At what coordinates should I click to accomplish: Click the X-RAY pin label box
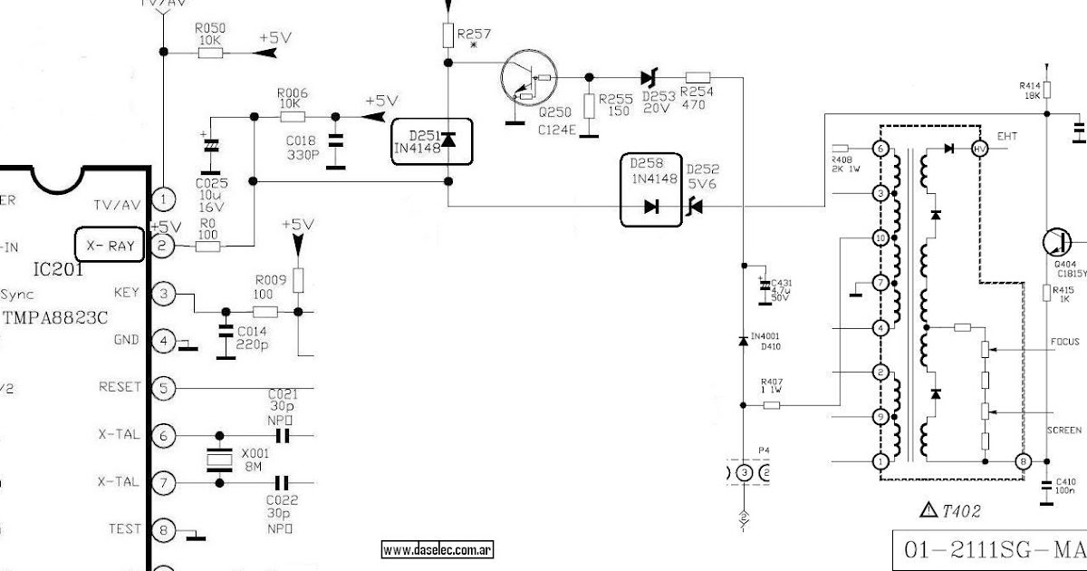point(109,245)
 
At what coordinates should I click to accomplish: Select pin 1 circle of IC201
point(163,198)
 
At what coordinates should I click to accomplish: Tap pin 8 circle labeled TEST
point(163,529)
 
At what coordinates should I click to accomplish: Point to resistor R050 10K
point(210,53)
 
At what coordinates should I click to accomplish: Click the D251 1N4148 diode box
point(432,140)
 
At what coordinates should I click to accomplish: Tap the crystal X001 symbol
point(216,460)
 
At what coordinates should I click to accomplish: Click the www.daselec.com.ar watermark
point(437,550)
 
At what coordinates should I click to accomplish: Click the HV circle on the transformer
point(978,149)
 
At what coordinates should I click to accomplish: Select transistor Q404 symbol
point(1056,242)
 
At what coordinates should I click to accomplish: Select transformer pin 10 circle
point(879,238)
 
